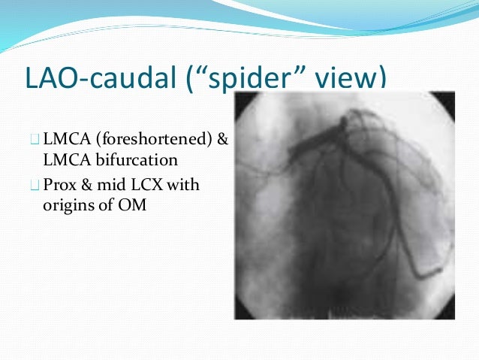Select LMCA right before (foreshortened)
pos(63,139)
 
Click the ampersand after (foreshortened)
pos(222,139)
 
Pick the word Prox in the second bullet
pos(60,184)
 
